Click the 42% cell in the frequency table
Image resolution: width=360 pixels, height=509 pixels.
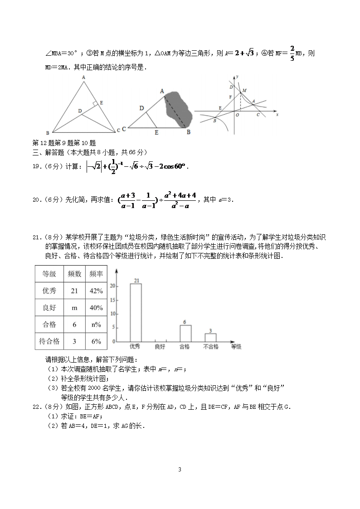96,291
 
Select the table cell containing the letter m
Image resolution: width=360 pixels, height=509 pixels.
74,308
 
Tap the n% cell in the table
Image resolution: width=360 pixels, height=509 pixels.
96,325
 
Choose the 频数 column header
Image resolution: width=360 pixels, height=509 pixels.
74,274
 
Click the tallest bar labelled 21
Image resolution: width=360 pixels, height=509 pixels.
136,313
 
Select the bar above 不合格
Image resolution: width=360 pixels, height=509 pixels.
210,338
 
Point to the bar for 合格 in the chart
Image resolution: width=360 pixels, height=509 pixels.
185,333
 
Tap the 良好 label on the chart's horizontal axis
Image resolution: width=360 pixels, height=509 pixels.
160,347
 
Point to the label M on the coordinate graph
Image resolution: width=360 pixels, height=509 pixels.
244,91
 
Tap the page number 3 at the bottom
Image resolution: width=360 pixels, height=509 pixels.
180,470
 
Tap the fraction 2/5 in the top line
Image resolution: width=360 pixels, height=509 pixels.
292,53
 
